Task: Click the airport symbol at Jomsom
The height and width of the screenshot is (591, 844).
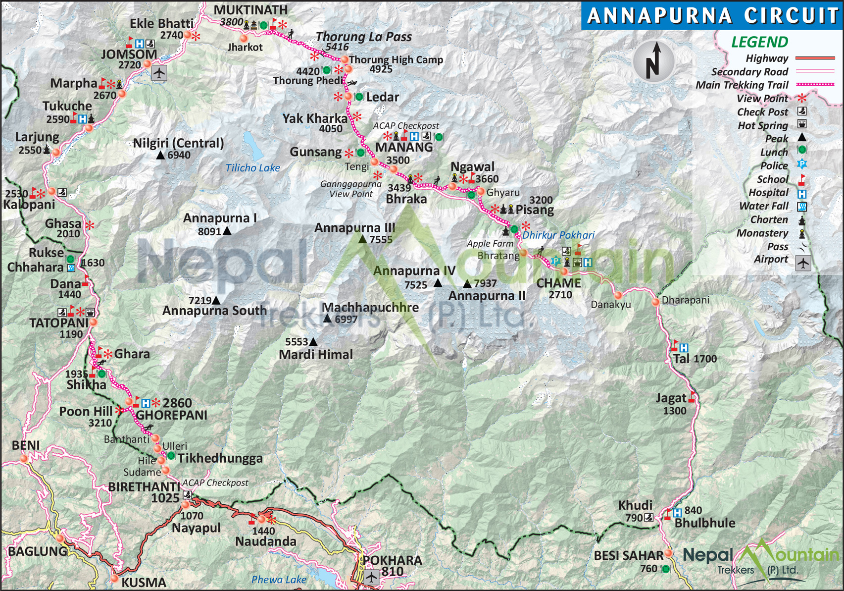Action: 159,73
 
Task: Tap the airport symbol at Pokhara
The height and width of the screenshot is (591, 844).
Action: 371,577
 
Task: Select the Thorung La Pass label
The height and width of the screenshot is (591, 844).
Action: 364,37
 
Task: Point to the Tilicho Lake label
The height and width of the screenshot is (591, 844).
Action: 252,168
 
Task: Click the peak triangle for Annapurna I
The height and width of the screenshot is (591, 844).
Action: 227,231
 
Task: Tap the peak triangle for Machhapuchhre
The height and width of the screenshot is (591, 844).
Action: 327,319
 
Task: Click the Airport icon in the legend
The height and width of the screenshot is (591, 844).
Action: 802,263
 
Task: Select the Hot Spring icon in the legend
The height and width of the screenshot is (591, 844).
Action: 802,124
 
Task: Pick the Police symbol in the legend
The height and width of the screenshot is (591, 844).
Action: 802,164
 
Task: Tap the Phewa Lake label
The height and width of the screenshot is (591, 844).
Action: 279,580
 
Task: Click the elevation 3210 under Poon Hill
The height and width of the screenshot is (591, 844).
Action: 100,423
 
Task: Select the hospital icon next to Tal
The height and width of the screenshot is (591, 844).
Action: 684,348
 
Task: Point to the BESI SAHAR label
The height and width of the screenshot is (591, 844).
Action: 628,556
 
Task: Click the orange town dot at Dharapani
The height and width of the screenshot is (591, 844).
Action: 655,302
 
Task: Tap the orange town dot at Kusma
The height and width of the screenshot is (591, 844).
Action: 115,578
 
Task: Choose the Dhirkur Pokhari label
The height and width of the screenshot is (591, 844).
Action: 558,235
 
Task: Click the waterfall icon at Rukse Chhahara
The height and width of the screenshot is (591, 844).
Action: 71,268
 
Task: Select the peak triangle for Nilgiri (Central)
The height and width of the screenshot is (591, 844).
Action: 160,156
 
